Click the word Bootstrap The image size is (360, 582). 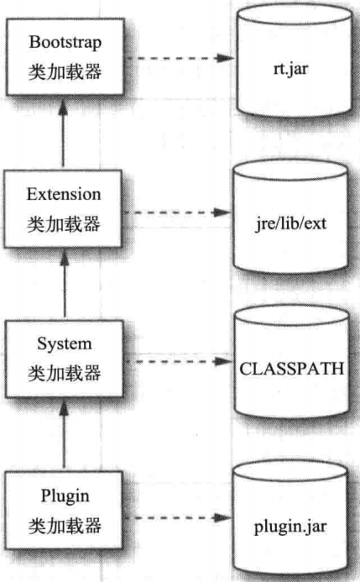tap(65, 43)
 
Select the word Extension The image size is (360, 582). tap(64, 194)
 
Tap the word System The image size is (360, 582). tap(65, 344)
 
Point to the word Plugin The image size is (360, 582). tap(65, 496)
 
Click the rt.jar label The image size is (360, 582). tap(290, 69)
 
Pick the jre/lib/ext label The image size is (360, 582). tap(291, 224)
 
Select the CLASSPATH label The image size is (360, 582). tap(292, 369)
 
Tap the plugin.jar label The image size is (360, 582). tap(290, 527)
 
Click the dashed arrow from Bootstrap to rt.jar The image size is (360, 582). tap(180, 58)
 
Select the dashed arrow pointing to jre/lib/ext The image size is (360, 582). tap(178, 212)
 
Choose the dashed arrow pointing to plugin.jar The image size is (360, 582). tap(178, 517)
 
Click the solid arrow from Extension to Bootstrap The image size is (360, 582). tap(64, 132)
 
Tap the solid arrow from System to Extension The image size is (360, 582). tap(65, 283)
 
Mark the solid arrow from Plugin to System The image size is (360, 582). tap(64, 433)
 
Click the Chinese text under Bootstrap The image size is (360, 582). tap(65, 71)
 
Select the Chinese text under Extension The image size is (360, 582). tap(64, 224)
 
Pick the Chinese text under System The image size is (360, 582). tap(65, 373)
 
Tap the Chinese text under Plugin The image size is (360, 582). tap(65, 526)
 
